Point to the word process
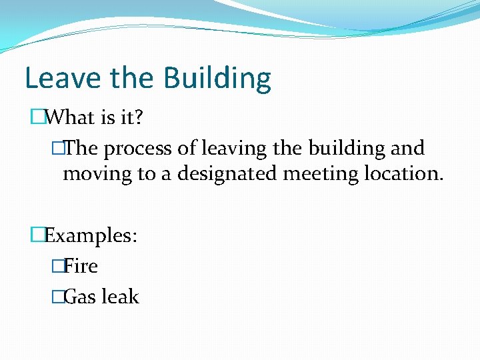tap(137, 149)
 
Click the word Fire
tap(81, 267)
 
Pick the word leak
tap(121, 297)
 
